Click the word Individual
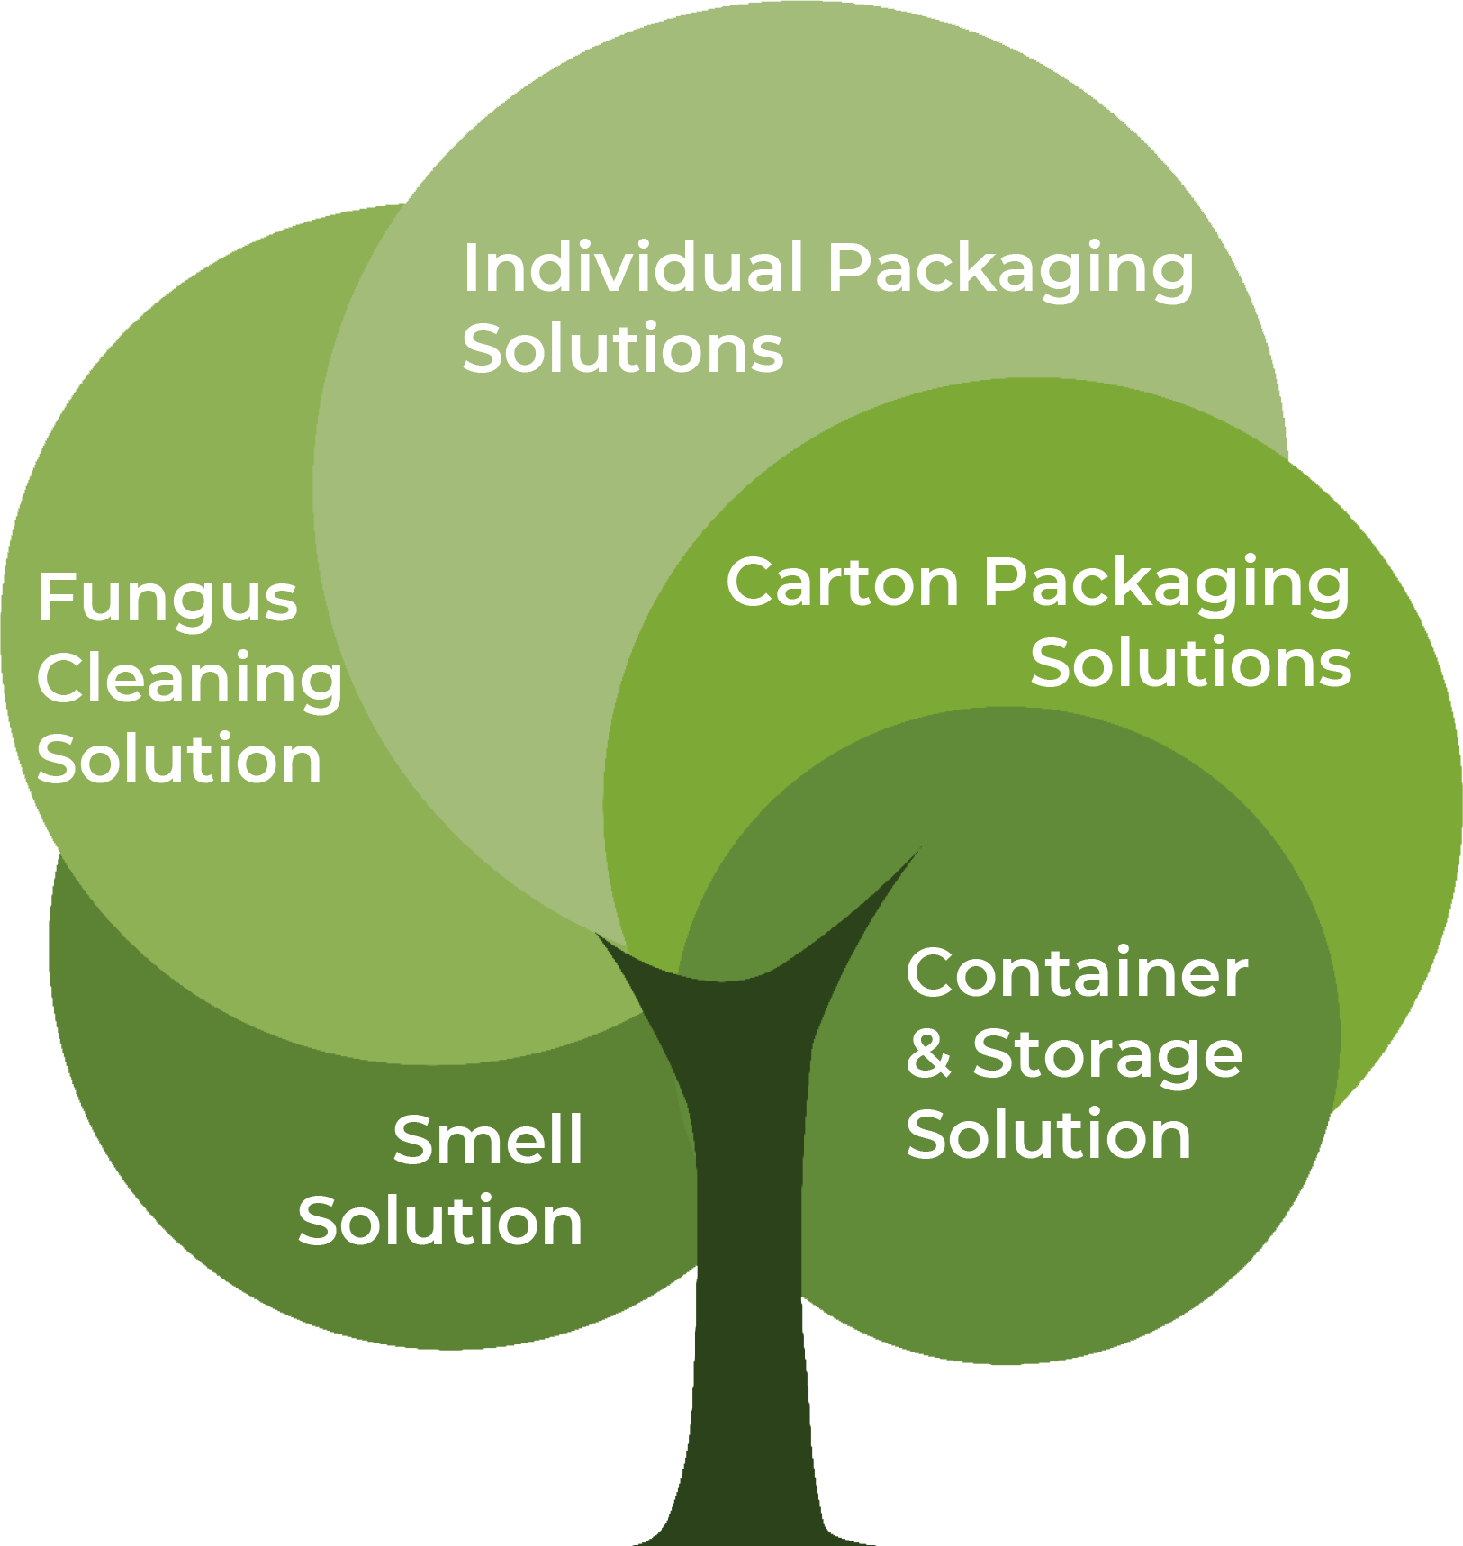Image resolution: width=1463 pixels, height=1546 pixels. tap(632, 267)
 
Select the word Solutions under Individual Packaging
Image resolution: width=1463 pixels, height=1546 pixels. tap(622, 349)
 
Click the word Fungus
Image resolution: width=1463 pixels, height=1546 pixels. tap(167, 599)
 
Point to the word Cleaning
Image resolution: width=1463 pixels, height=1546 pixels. tap(189, 680)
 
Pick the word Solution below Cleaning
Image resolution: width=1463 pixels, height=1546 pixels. tap(179, 760)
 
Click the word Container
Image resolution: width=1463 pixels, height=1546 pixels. tap(1077, 973)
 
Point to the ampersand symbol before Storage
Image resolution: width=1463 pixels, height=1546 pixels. tap(928, 1054)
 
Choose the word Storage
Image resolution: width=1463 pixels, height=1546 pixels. tap(1107, 1056)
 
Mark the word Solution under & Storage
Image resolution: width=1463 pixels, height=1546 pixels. tap(1049, 1135)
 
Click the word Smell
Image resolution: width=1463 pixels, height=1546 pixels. tap(488, 1141)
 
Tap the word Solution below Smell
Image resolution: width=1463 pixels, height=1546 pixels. tap(440, 1222)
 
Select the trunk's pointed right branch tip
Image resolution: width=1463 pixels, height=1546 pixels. tap(917, 851)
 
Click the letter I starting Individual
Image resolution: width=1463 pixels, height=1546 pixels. tap(470, 267)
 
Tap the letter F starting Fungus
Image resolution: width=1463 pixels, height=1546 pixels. tap(52, 598)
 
